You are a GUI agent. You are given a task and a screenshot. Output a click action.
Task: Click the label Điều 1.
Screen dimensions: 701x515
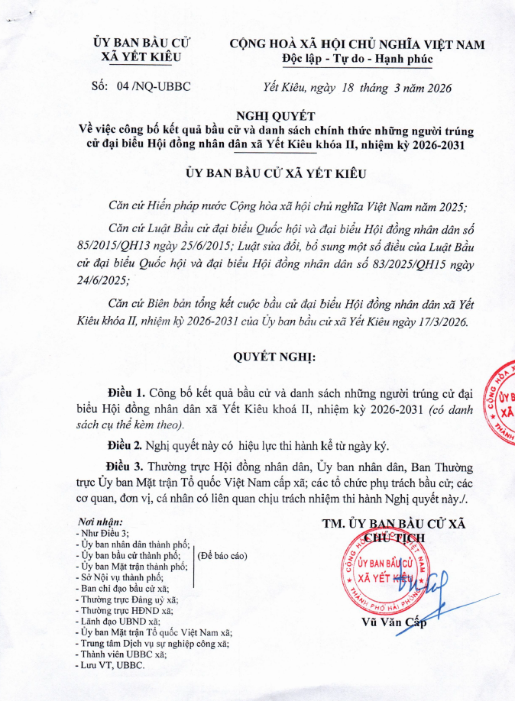pos(127,394)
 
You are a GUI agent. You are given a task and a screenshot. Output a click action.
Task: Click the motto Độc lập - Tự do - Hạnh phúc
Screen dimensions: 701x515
pos(357,59)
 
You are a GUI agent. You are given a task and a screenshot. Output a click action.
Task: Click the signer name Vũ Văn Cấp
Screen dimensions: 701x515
pos(394,621)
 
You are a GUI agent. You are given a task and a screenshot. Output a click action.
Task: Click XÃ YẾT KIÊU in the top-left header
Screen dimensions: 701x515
pos(141,57)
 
